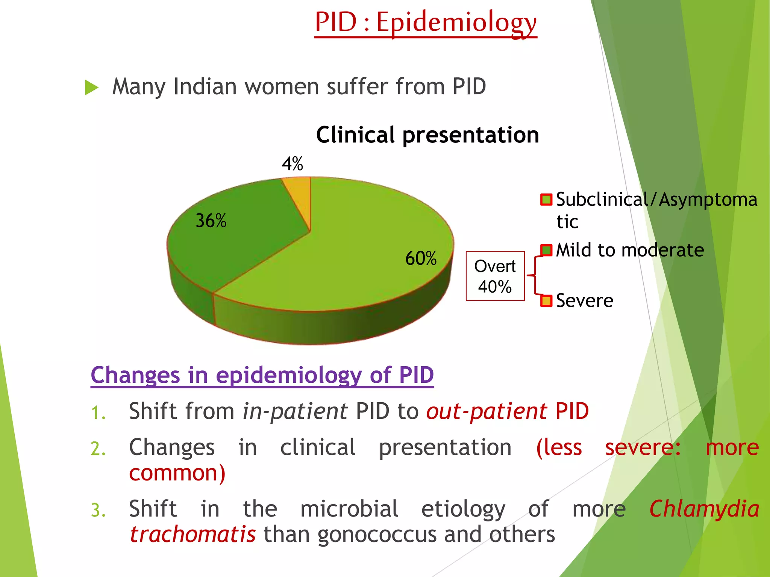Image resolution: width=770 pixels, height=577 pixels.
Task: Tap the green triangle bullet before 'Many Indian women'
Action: (x=91, y=88)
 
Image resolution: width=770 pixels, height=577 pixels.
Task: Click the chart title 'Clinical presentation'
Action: (x=427, y=135)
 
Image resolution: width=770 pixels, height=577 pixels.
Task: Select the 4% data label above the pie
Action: (x=293, y=164)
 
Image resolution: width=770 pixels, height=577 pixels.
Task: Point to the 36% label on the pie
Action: (x=211, y=221)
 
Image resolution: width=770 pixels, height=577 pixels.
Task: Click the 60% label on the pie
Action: (x=421, y=258)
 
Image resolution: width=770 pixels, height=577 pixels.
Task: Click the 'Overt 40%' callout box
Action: (x=495, y=276)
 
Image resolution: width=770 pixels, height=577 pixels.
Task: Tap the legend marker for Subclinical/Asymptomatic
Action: (x=546, y=199)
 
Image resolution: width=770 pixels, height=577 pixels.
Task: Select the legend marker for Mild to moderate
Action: (x=546, y=250)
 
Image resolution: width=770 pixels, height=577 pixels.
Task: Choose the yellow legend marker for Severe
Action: (x=546, y=301)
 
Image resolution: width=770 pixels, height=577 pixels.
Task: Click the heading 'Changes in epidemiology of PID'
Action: (x=262, y=375)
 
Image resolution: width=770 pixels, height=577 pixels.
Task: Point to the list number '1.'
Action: (x=98, y=413)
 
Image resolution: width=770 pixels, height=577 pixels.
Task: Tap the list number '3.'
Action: (x=98, y=511)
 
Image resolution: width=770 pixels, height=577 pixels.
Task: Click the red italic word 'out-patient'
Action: (x=486, y=411)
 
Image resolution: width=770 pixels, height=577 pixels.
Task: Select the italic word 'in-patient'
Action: (x=295, y=411)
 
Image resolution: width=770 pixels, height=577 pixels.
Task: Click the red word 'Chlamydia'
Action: (x=704, y=509)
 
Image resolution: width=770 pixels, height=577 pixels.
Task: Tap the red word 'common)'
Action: (x=177, y=473)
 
